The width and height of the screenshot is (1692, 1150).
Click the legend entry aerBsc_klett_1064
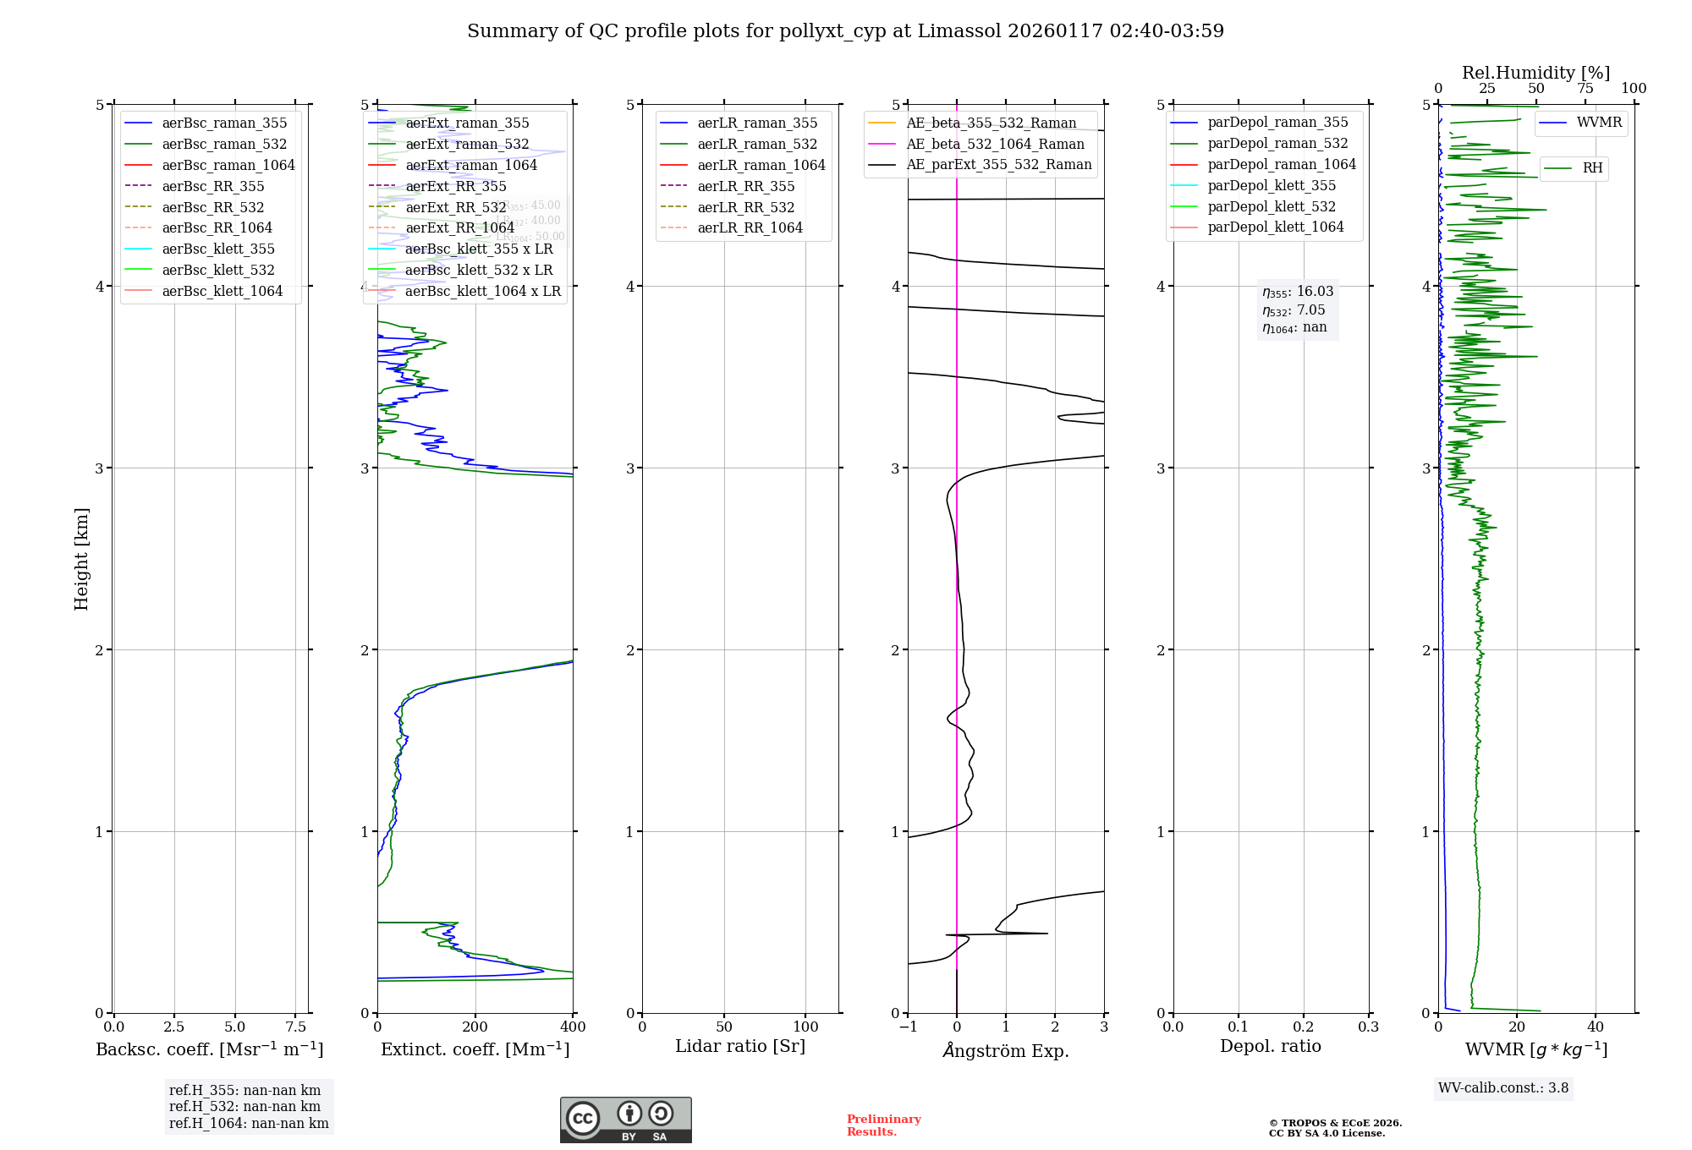tap(222, 291)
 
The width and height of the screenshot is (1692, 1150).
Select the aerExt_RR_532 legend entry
tap(455, 207)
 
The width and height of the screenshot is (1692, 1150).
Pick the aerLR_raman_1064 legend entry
tap(761, 165)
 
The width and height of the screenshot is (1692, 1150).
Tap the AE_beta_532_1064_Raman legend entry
tap(995, 144)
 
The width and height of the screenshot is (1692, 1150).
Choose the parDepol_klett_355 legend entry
tap(1271, 185)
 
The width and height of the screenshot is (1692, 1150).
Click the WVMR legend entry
tap(1599, 123)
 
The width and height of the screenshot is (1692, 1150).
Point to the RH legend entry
tap(1592, 168)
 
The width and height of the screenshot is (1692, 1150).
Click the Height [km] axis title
tap(81, 559)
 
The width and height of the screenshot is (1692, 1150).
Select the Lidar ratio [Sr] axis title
tap(740, 1046)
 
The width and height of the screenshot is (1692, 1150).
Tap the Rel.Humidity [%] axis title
tap(1535, 73)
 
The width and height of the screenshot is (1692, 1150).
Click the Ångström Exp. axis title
tap(1006, 1050)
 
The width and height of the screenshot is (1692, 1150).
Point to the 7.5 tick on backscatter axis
tap(295, 1027)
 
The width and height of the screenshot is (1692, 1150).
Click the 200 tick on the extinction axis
tap(475, 1027)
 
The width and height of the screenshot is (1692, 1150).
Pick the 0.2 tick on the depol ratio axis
tap(1304, 1027)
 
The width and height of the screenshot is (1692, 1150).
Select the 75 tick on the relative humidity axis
tap(1585, 89)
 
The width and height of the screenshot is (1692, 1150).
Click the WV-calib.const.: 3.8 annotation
tap(1503, 1087)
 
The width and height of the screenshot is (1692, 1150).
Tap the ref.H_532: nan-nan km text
tap(244, 1106)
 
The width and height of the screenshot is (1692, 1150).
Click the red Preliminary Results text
tap(883, 1125)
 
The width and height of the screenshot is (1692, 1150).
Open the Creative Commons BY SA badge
tap(625, 1120)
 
